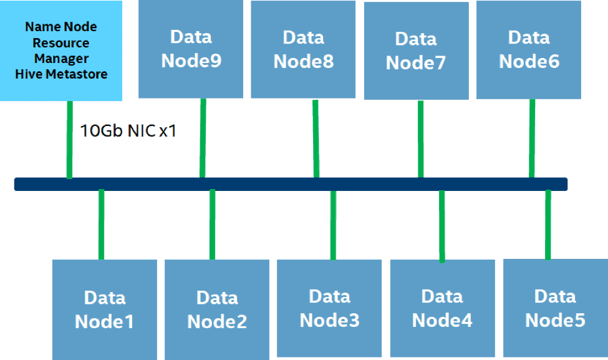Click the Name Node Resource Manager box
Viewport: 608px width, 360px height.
click(x=61, y=51)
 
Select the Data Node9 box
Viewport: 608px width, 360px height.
click(x=191, y=49)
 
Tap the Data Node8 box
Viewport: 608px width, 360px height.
click(x=303, y=49)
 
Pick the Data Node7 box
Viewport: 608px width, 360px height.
click(x=417, y=51)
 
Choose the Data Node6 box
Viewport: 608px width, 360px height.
click(x=529, y=50)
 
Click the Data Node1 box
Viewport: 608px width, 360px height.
click(x=105, y=309)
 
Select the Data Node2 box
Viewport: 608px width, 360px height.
click(x=217, y=309)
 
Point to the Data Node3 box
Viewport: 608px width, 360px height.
click(x=329, y=308)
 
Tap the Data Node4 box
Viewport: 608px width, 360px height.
click(x=442, y=308)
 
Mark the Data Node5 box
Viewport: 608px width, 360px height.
click(x=555, y=308)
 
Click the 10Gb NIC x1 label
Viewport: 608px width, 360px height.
click(x=128, y=131)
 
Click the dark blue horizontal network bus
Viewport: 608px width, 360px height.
click(x=291, y=184)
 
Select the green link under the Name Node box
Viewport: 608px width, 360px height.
click(x=70, y=140)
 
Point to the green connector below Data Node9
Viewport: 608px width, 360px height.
click(x=203, y=138)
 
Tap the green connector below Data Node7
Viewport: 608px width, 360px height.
click(x=421, y=139)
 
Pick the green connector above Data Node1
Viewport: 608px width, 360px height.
click(x=101, y=225)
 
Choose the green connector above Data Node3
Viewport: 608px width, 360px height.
click(x=333, y=225)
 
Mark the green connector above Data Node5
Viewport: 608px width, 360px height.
click(x=548, y=225)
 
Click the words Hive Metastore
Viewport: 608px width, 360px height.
click(x=61, y=74)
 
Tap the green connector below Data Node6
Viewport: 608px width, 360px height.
click(x=532, y=139)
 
